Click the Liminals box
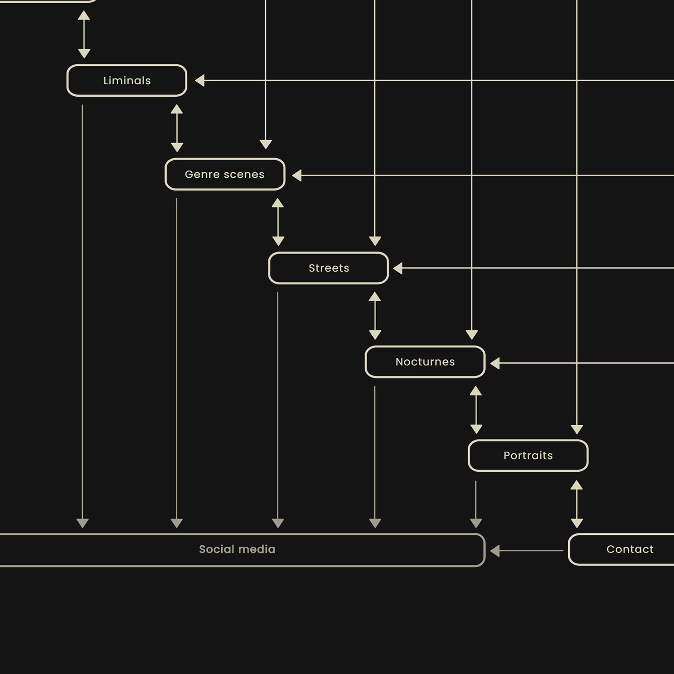[x=127, y=81]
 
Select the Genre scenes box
[x=225, y=174]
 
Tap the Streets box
[x=328, y=268]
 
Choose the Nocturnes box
[x=425, y=362]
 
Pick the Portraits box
[x=528, y=456]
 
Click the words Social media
[x=237, y=550]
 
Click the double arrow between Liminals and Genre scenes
[x=177, y=128]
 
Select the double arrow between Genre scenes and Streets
[x=278, y=222]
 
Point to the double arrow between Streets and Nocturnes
[x=375, y=316]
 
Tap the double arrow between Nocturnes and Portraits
[x=476, y=409]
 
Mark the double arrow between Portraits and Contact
[x=577, y=504]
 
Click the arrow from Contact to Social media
[x=527, y=551]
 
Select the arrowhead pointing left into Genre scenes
[x=297, y=175]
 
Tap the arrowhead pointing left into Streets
[x=398, y=268]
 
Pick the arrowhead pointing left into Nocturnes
[x=495, y=363]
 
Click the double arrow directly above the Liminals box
[x=84, y=34]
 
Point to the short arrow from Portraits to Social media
[x=476, y=504]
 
